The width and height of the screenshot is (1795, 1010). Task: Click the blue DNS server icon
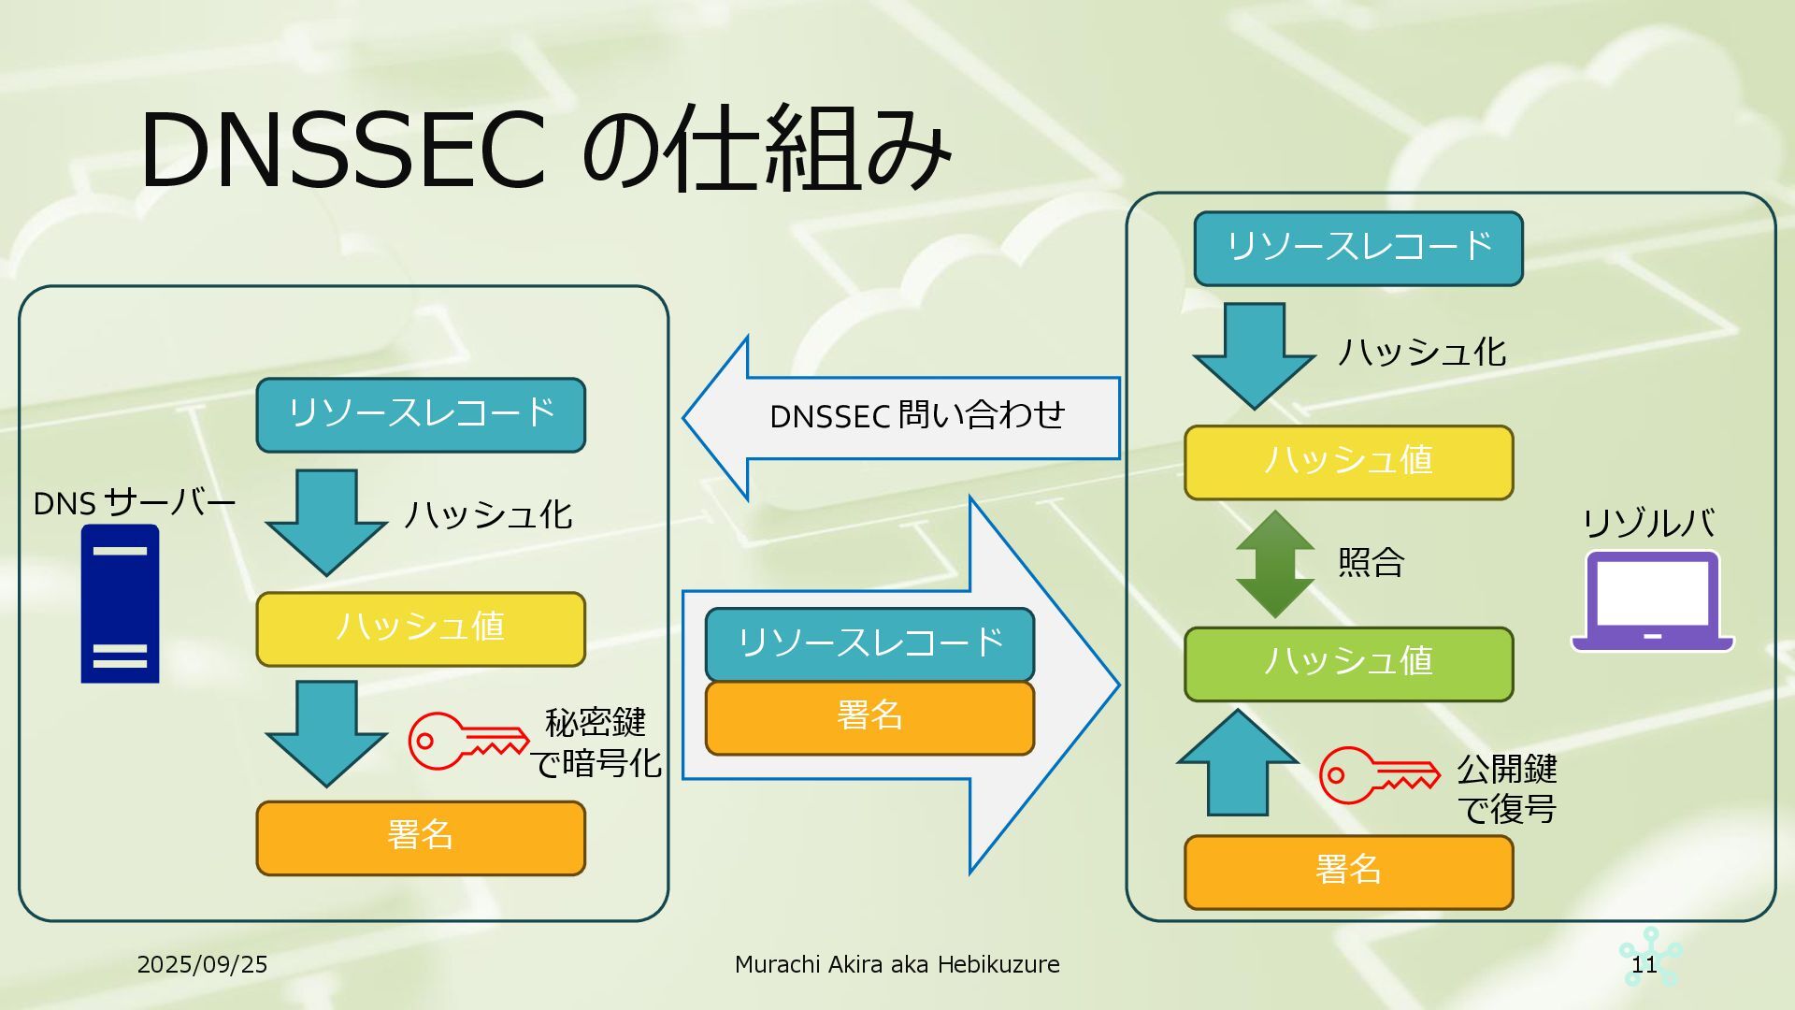(x=120, y=604)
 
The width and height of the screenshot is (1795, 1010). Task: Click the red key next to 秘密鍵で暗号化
(x=467, y=741)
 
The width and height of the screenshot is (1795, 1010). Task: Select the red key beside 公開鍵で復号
(x=1379, y=774)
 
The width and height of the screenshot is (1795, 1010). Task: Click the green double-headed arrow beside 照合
(x=1274, y=563)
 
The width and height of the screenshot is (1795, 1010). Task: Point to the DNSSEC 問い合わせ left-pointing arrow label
(x=916, y=416)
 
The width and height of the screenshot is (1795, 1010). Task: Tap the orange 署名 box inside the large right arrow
(x=869, y=717)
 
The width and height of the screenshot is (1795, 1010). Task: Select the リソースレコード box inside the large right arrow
(x=869, y=643)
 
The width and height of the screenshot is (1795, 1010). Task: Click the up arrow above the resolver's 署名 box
(x=1238, y=762)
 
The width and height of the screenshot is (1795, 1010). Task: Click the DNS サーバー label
(x=134, y=503)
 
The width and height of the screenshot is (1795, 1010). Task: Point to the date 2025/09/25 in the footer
(x=202, y=964)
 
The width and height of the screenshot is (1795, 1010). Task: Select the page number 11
(x=1644, y=964)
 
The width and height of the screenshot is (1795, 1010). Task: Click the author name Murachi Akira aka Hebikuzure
(x=897, y=964)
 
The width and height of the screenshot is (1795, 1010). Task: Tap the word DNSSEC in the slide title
(x=342, y=150)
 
